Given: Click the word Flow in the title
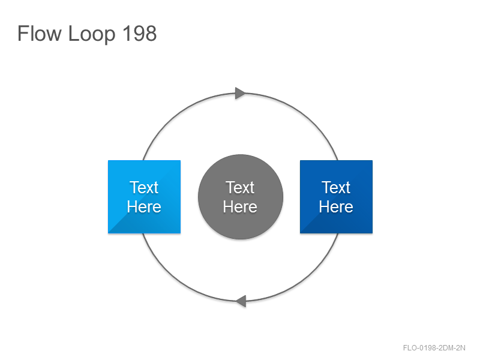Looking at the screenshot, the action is click(39, 33).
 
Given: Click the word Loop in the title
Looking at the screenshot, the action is click(92, 34).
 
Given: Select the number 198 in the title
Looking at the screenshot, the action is click(140, 33).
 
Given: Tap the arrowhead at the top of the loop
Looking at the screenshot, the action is click(241, 93).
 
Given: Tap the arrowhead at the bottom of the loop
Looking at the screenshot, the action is click(241, 301).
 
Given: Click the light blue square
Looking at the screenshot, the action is click(144, 197).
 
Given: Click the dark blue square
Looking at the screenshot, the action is click(336, 197).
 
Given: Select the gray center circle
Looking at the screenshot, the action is click(241, 197).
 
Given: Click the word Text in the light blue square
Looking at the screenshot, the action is click(144, 187).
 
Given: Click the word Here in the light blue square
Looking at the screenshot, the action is click(144, 206).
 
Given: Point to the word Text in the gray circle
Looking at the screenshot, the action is click(240, 187).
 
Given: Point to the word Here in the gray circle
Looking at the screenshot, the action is click(240, 206).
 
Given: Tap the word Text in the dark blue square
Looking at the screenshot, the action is click(336, 187).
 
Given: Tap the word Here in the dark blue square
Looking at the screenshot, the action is click(336, 206).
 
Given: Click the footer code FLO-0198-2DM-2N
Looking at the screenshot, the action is click(434, 348).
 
